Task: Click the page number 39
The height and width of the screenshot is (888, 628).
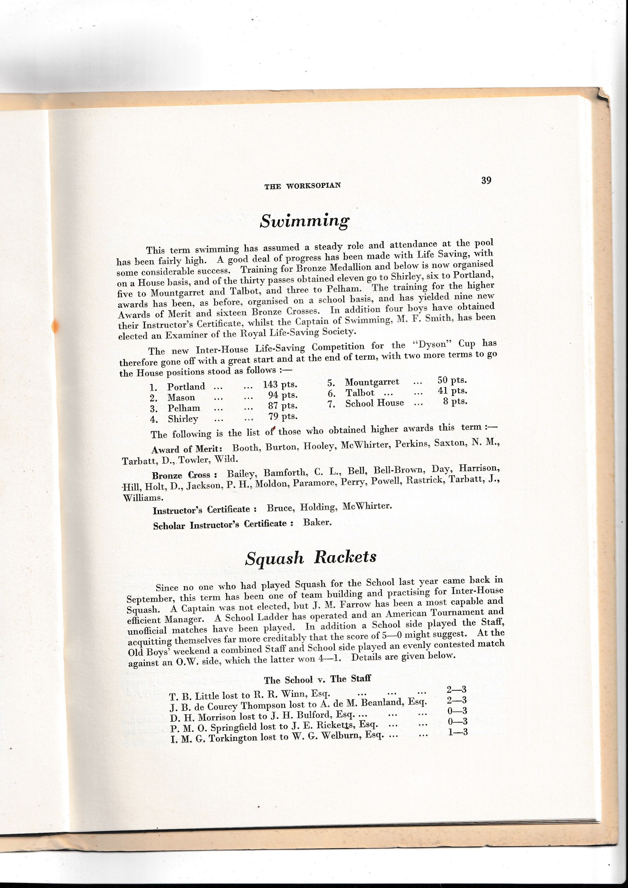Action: tap(486, 180)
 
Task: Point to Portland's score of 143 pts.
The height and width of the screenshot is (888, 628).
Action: tap(280, 384)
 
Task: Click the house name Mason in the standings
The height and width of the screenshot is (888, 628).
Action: tap(181, 398)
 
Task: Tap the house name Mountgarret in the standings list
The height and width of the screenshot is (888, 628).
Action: tap(372, 382)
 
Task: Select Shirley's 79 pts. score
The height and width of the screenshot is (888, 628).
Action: tap(283, 417)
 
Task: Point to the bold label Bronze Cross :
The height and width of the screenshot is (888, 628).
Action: tap(184, 475)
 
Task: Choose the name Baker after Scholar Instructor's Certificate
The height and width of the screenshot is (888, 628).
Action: tap(317, 523)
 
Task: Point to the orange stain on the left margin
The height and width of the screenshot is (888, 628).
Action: tap(55, 326)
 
